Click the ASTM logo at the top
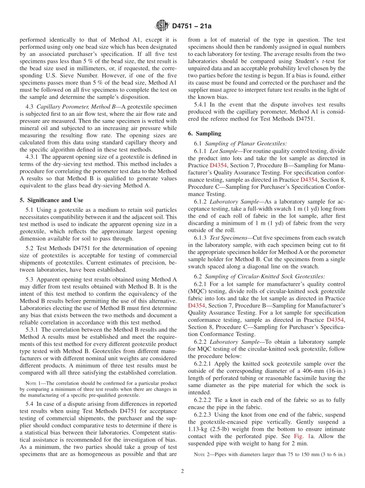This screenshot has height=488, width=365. [x=162, y=26]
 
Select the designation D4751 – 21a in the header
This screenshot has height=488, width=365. [x=192, y=26]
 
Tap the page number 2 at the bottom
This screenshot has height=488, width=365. [x=182, y=472]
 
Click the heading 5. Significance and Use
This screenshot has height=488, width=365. [x=51, y=200]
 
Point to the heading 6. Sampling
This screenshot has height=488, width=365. [x=204, y=134]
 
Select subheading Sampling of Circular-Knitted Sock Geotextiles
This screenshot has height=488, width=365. [x=265, y=276]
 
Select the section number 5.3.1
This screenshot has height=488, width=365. [x=33, y=330]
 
